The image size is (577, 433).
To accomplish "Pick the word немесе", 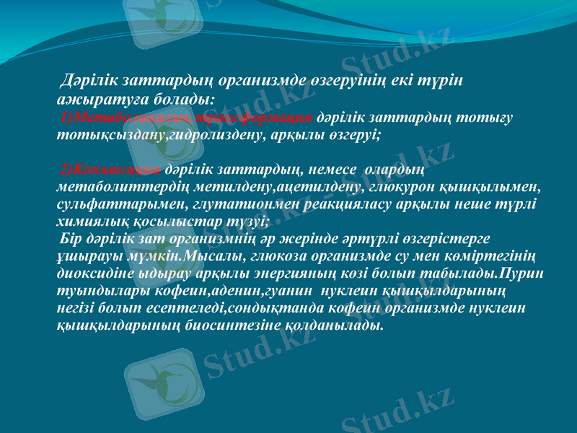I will (x=332, y=170).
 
